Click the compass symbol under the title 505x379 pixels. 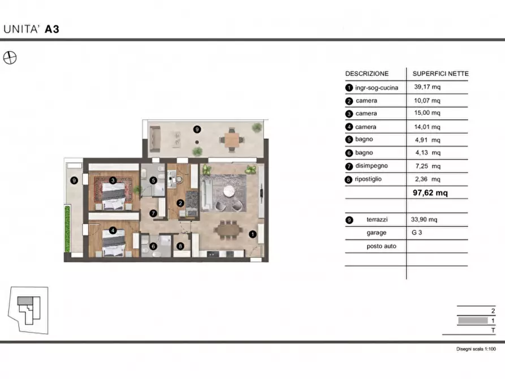click(x=10, y=58)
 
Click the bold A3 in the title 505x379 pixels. click(x=52, y=29)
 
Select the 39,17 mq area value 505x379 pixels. click(x=427, y=87)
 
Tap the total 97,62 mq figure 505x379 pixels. click(x=430, y=193)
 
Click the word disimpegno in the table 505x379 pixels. click(x=372, y=166)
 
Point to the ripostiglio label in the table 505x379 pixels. click(x=368, y=179)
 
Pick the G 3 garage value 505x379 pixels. click(x=416, y=232)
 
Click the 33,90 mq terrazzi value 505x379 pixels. click(x=424, y=219)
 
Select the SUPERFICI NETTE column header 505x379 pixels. click(x=441, y=74)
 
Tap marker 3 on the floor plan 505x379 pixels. click(x=113, y=180)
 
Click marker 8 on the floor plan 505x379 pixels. click(x=180, y=246)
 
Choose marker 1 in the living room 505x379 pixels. click(x=252, y=234)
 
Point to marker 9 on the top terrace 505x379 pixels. click(x=197, y=129)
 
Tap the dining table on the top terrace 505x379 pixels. click(x=232, y=140)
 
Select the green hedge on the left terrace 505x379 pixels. click(x=68, y=229)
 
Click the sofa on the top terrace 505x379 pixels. click(x=155, y=139)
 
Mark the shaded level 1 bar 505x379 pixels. click(x=473, y=320)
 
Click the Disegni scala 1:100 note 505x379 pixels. click(x=476, y=348)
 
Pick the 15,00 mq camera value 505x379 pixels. click(x=427, y=113)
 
